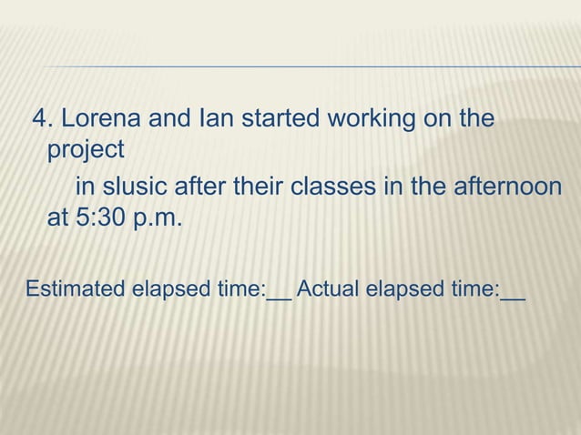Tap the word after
[204, 187]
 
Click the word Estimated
[76, 290]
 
